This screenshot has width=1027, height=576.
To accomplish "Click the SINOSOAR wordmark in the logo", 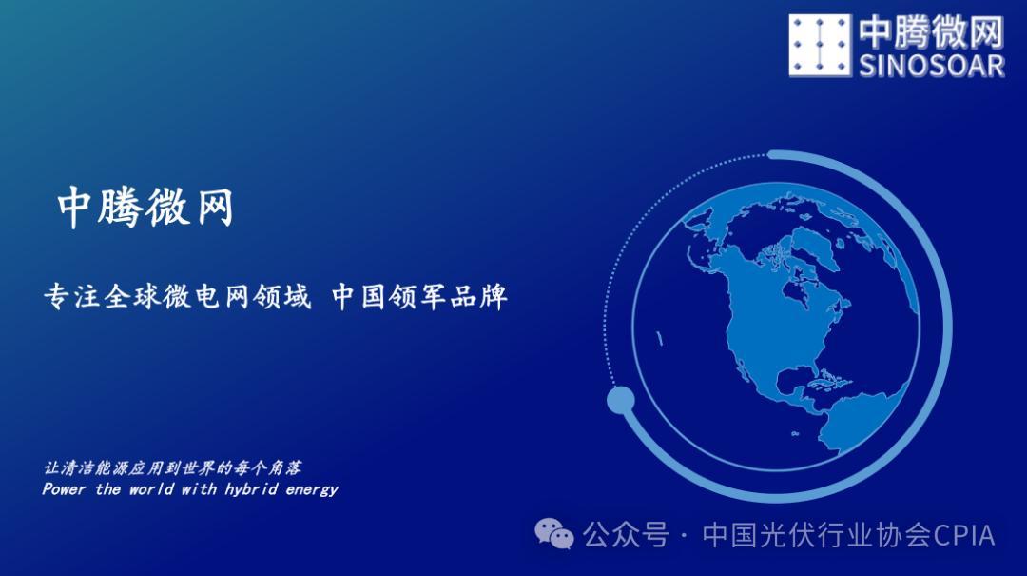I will [x=932, y=65].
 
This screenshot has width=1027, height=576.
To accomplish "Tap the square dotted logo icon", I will [x=819, y=46].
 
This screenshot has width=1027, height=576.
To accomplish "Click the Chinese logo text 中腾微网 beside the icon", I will [x=931, y=31].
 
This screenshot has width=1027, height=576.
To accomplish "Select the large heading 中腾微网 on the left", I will [x=145, y=208].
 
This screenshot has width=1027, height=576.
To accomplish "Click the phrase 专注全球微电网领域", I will [x=177, y=297].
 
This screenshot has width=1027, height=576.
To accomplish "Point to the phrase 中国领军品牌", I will [x=419, y=297].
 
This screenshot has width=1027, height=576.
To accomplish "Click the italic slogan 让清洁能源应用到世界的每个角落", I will [x=173, y=468].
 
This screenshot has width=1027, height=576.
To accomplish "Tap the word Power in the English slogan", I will [x=64, y=489].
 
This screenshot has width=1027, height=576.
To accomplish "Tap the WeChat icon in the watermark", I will [x=554, y=534].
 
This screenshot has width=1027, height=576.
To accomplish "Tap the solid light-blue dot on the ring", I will [x=620, y=400].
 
